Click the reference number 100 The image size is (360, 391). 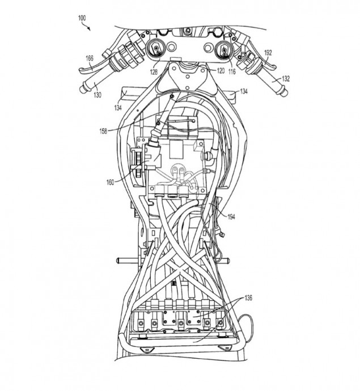click(x=82, y=18)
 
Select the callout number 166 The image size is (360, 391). click(x=89, y=58)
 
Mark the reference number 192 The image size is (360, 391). click(x=269, y=53)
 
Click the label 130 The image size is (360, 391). click(x=98, y=95)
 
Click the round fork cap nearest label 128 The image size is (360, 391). click(x=156, y=50)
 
